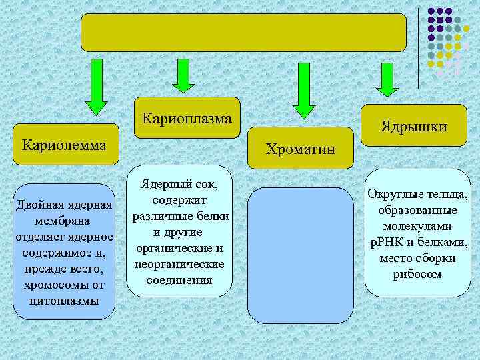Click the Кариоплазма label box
point(187,119)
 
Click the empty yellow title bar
point(243,33)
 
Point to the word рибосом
point(418,274)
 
